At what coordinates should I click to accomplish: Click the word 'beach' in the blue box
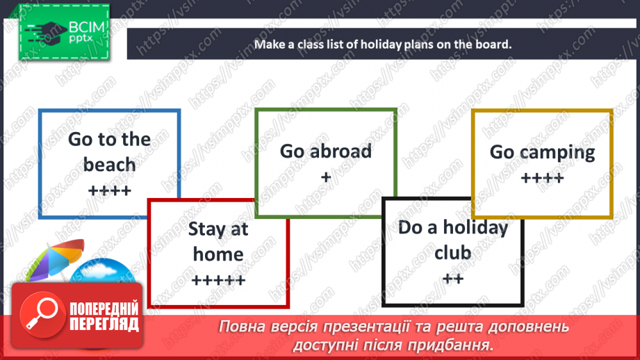click(109, 165)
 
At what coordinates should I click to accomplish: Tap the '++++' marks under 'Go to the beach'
click(109, 190)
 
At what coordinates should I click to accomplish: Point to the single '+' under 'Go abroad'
click(326, 177)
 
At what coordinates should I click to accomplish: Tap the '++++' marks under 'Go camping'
click(542, 178)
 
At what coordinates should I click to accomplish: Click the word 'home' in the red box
click(218, 254)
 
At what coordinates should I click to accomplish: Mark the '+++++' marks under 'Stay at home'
click(218, 280)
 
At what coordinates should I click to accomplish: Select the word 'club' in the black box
click(452, 252)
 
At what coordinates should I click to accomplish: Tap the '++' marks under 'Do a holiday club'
click(452, 278)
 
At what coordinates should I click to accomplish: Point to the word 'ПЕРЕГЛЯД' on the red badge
click(104, 324)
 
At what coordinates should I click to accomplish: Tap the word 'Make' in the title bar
click(268, 44)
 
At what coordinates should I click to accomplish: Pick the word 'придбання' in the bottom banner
click(458, 344)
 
